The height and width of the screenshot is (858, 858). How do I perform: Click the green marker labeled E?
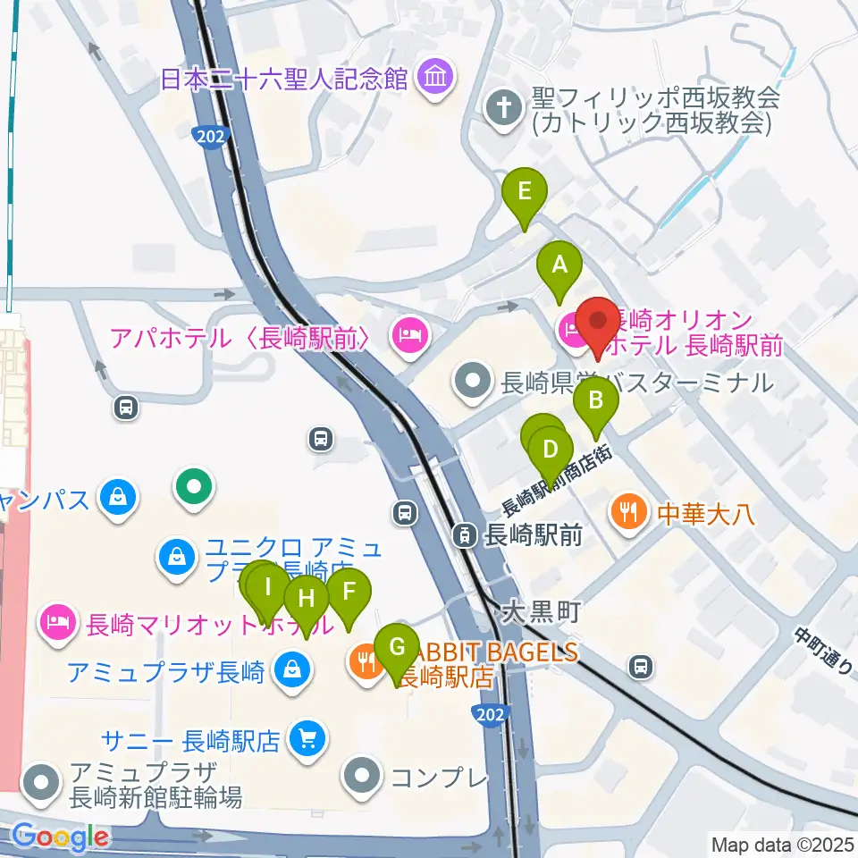pyautogui.click(x=524, y=192)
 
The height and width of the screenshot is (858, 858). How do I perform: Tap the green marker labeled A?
pyautogui.click(x=559, y=265)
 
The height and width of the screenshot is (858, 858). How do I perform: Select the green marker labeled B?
pyautogui.click(x=596, y=401)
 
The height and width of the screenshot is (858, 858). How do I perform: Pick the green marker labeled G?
pyautogui.click(x=397, y=646)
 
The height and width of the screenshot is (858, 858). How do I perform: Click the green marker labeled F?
pyautogui.click(x=349, y=592)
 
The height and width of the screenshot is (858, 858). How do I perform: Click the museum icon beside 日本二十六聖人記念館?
pyautogui.click(x=434, y=79)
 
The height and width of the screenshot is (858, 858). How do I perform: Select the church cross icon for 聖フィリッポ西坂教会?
pyautogui.click(x=503, y=111)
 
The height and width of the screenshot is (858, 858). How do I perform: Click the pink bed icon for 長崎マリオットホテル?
pyautogui.click(x=59, y=619)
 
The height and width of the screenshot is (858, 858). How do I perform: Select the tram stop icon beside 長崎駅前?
pyautogui.click(x=465, y=536)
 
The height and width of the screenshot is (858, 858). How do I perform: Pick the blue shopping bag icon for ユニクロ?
pyautogui.click(x=177, y=556)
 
